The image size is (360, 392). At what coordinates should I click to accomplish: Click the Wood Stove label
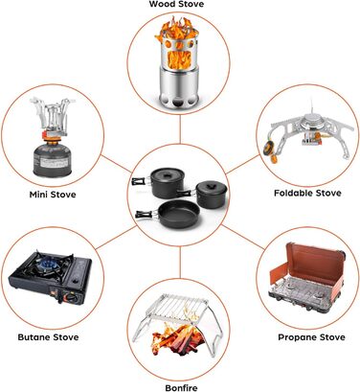[x=176, y=4]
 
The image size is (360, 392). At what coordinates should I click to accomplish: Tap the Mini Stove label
[x=53, y=195]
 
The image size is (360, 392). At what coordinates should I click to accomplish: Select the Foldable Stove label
[x=307, y=193]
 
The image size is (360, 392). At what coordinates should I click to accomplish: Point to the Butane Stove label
[x=48, y=337]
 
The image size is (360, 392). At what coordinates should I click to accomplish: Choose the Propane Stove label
[x=311, y=337]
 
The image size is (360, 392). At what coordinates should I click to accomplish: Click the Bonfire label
[x=181, y=388]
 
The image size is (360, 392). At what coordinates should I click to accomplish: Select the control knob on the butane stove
[x=71, y=298]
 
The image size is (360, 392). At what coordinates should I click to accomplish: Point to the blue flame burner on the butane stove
[x=47, y=265]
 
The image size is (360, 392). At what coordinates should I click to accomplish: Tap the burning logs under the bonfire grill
[x=177, y=339]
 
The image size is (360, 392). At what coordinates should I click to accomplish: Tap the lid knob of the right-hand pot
[x=210, y=185]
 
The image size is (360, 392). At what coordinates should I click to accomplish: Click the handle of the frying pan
[x=146, y=215]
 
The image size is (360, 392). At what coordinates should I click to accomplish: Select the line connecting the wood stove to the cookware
[x=180, y=129]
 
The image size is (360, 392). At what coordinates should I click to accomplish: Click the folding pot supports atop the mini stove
[x=53, y=114]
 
